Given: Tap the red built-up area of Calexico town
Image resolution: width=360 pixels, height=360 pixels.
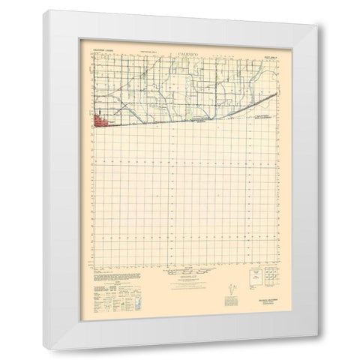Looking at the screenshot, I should (101, 120).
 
